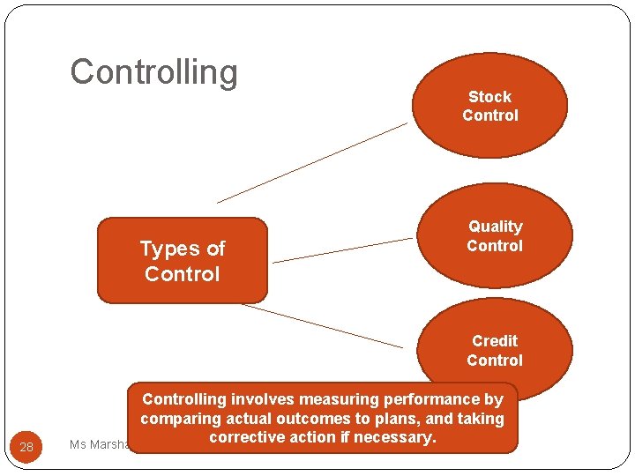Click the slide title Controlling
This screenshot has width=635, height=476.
(x=153, y=72)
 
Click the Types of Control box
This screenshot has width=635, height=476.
(x=182, y=261)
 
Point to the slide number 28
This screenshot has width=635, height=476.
(x=26, y=447)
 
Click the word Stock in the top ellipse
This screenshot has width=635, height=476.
(x=489, y=97)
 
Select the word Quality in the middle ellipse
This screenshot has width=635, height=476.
(x=495, y=227)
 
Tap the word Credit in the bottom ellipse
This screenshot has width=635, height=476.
(x=495, y=340)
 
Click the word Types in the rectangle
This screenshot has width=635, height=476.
(x=168, y=249)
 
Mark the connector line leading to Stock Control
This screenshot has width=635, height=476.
(x=313, y=162)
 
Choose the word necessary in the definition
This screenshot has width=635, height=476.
(x=395, y=437)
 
